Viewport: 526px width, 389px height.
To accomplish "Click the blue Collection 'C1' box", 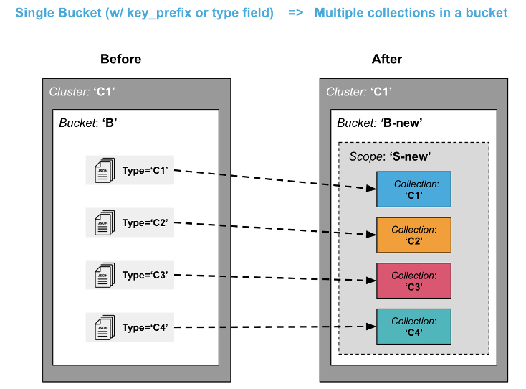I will pyautogui.click(x=413, y=189).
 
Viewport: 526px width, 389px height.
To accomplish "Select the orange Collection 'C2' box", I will pyautogui.click(x=413, y=235).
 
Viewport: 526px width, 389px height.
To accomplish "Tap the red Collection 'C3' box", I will pyautogui.click(x=413, y=281).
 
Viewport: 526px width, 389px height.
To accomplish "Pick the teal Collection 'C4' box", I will pyautogui.click(x=413, y=327).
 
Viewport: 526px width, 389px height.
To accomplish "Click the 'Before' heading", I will pyautogui.click(x=120, y=60).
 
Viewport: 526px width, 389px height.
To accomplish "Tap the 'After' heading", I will pyautogui.click(x=387, y=60).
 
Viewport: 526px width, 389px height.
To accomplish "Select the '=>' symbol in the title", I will pyautogui.click(x=295, y=14).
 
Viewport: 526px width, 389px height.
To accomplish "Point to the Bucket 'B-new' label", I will pyautogui.click(x=379, y=123).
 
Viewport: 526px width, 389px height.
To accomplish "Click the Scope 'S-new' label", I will pyautogui.click(x=390, y=156).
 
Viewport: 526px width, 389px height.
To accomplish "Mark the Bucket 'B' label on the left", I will pyautogui.click(x=88, y=123).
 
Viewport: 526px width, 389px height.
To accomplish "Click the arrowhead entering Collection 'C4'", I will pyautogui.click(x=371, y=327).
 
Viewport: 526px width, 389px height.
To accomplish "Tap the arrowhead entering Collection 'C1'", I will pyautogui.click(x=371, y=189).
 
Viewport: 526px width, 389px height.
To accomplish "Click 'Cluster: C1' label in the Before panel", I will pyautogui.click(x=82, y=92).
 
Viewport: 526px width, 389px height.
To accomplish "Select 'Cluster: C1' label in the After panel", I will pyautogui.click(x=359, y=92).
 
